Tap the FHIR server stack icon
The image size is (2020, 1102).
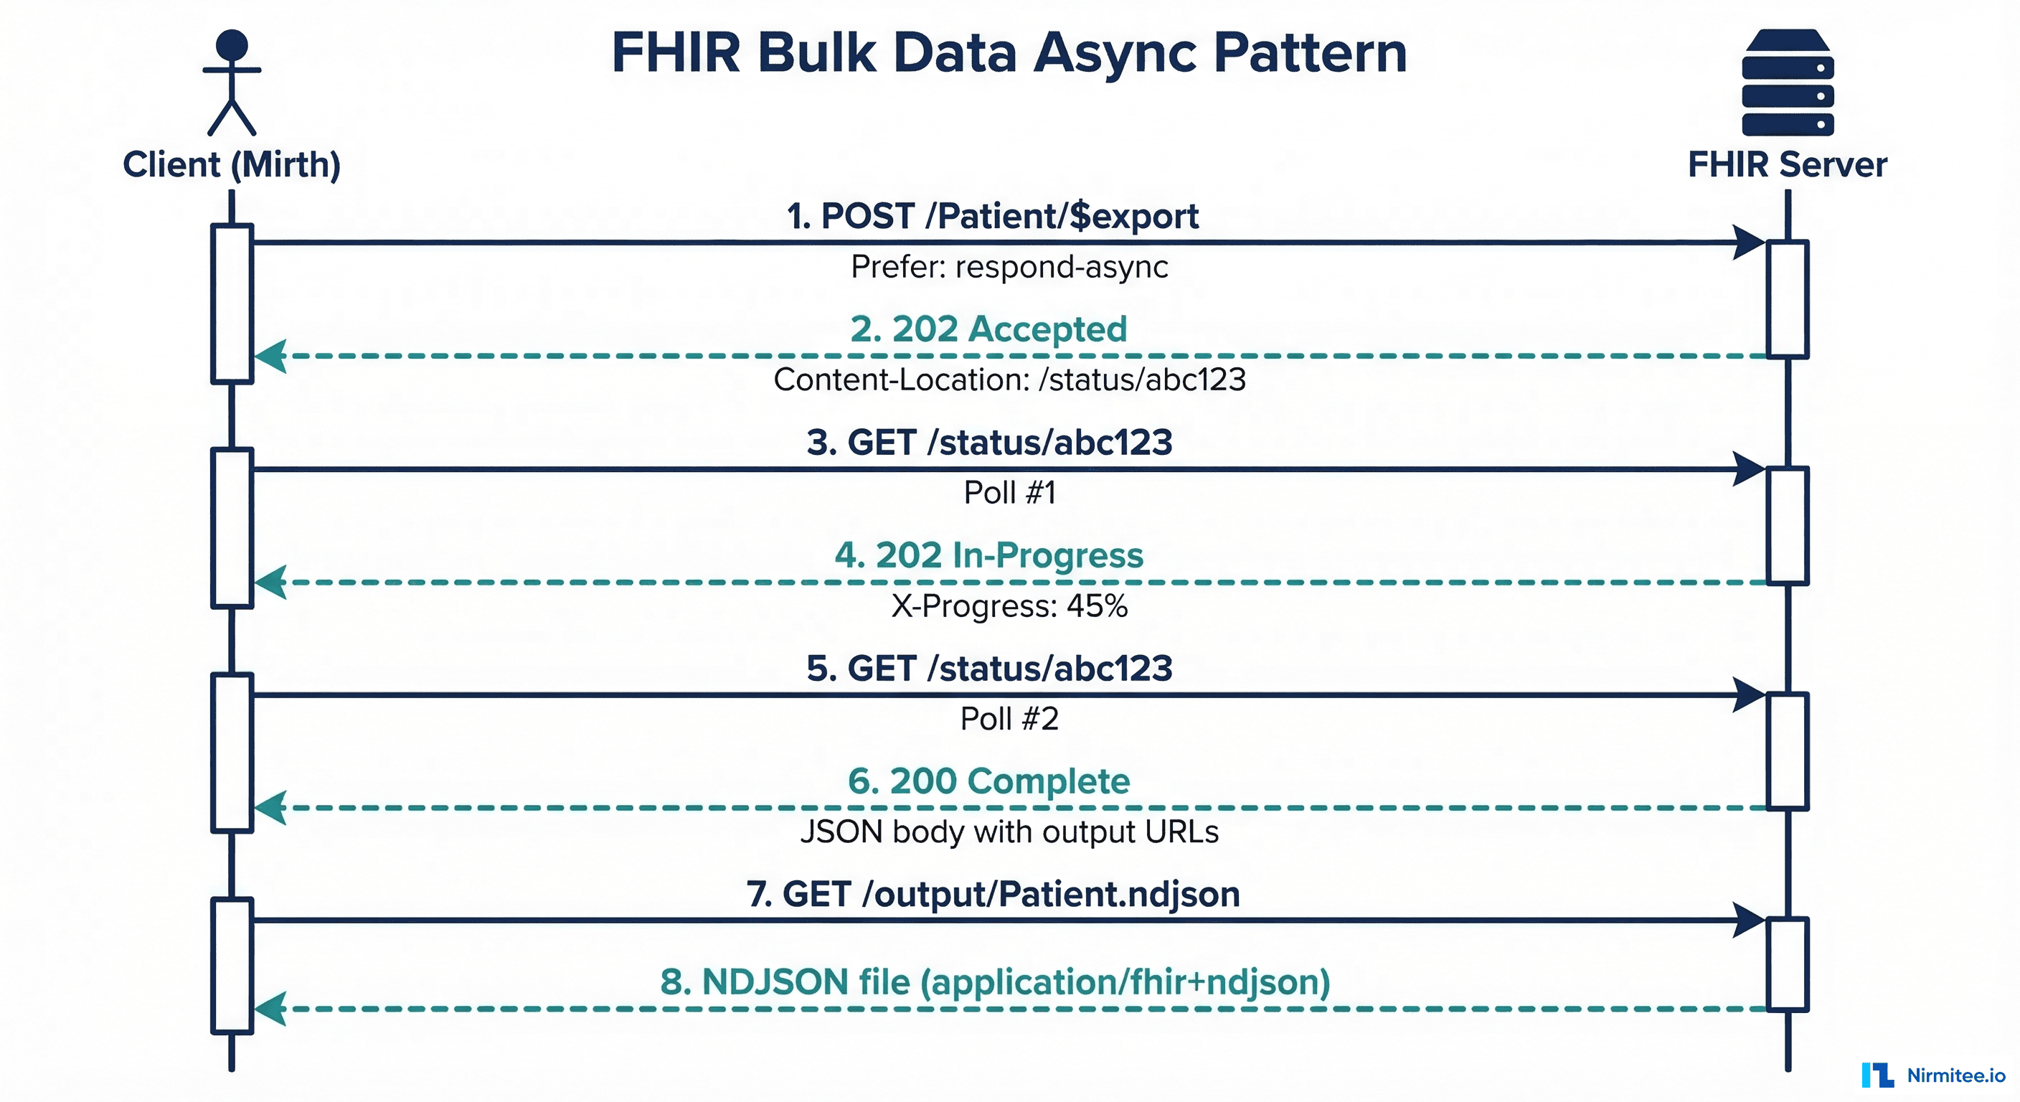pos(1787,83)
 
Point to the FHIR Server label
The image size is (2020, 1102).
pos(1787,165)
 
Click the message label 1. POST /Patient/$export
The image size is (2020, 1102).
pos(993,216)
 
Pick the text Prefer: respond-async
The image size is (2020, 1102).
pos(1009,267)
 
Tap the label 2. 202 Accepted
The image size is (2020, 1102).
pos(988,329)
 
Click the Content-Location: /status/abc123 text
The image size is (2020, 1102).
pos(1009,380)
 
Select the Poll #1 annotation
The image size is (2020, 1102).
pos(1009,493)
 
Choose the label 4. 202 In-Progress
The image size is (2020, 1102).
pos(988,555)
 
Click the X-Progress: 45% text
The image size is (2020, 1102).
pos(1009,606)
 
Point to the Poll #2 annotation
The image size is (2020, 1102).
pos(1009,718)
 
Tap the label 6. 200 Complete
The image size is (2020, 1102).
pos(988,781)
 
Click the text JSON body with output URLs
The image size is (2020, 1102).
pos(1009,832)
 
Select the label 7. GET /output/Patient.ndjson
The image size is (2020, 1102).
pos(993,894)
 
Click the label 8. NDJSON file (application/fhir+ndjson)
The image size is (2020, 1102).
pos(995,982)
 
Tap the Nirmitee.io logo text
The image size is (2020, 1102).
pos(1955,1075)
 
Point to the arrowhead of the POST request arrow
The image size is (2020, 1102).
pos(1748,242)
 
